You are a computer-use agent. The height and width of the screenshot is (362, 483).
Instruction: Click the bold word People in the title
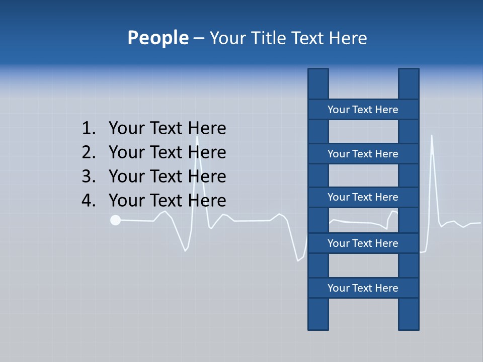coord(157,38)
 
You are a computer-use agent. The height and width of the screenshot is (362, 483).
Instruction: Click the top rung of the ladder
coord(363,110)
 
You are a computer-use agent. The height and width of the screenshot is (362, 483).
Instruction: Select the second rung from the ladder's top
coord(363,154)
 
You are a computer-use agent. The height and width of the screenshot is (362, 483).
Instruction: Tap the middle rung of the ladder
coord(363,197)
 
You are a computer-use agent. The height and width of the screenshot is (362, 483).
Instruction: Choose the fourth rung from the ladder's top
coord(363,243)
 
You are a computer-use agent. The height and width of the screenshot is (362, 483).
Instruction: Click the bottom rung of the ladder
coord(363,288)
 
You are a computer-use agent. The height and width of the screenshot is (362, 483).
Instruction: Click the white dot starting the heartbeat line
coord(115,220)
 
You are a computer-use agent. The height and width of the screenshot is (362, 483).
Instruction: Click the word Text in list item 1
coord(166,128)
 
